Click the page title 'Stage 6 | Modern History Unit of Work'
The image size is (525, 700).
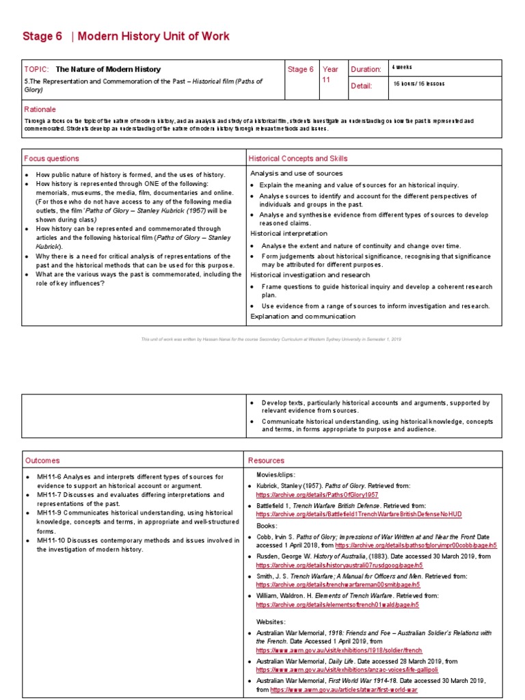(x=126, y=36)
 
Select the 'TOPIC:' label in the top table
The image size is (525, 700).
(x=37, y=69)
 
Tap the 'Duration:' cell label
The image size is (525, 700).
(x=366, y=69)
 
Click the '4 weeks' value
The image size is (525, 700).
(x=403, y=68)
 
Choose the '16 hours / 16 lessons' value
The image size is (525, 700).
(x=418, y=84)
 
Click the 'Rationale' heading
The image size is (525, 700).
(x=40, y=109)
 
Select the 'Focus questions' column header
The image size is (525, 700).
(x=51, y=159)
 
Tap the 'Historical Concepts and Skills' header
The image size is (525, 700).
(x=298, y=159)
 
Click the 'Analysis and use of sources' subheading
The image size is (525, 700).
(x=296, y=174)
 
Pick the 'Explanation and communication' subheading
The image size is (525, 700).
(x=302, y=317)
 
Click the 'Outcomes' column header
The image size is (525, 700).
(x=42, y=461)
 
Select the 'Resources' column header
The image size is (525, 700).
(x=266, y=461)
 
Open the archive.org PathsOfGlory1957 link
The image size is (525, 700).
(x=317, y=494)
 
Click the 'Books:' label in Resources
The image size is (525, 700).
(x=267, y=526)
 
